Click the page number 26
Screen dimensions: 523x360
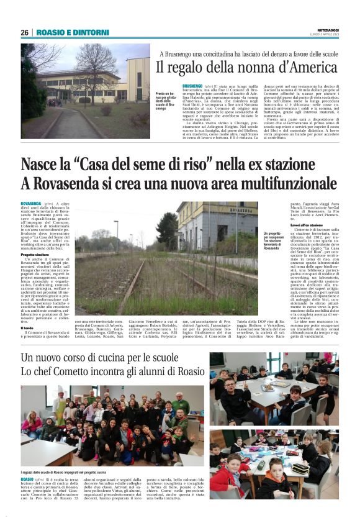25,32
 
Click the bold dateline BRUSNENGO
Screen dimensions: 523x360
193,86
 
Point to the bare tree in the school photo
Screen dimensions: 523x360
93,68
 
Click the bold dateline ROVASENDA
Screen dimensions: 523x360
31,204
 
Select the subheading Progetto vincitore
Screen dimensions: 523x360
36,255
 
